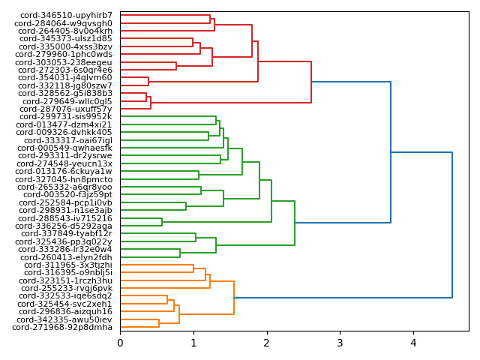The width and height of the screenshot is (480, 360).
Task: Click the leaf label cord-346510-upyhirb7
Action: click(x=67, y=15)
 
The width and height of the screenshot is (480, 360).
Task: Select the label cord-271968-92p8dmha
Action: click(x=62, y=327)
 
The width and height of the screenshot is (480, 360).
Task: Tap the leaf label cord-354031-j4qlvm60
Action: click(x=65, y=77)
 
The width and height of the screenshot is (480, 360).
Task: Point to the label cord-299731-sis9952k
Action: click(x=66, y=116)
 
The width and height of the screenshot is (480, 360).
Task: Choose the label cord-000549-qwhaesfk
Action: click(x=64, y=148)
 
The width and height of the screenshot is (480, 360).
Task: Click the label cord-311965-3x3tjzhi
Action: click(x=68, y=265)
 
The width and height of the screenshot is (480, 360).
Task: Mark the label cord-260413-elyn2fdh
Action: click(x=66, y=257)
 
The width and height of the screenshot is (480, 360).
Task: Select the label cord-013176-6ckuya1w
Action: click(x=64, y=171)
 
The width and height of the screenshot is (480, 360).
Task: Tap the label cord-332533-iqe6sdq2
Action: click(x=65, y=296)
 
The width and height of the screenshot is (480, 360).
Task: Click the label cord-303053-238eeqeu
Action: click(x=65, y=62)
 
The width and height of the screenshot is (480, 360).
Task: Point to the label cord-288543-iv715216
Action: click(x=65, y=218)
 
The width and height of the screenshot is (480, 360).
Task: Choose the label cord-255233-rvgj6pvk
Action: click(x=67, y=288)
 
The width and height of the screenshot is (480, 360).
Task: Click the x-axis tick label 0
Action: click(x=120, y=343)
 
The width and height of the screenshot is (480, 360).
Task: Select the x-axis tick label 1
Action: click(x=193, y=343)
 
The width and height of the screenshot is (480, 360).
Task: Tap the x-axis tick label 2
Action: click(x=266, y=343)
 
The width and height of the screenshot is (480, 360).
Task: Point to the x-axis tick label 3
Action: click(x=340, y=343)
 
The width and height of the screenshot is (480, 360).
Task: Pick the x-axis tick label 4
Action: click(x=412, y=343)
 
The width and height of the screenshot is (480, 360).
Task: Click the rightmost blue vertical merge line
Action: click(x=452, y=225)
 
